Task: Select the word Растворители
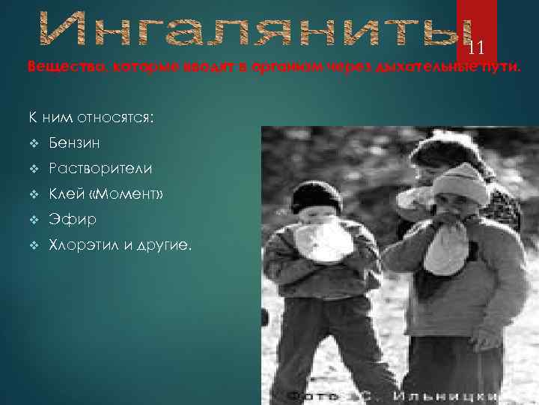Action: coord(100,169)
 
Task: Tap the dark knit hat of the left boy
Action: coord(316,196)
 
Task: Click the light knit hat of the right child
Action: coord(460,182)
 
